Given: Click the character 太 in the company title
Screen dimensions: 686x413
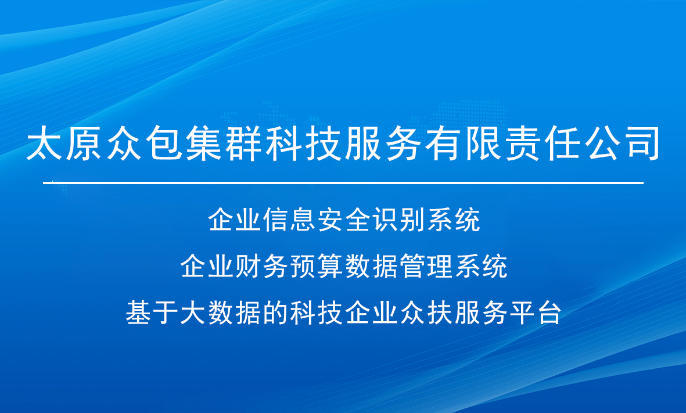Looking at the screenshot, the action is (x=44, y=143).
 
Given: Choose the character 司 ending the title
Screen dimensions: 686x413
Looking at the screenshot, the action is (x=642, y=143).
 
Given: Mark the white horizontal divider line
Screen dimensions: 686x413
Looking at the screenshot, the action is (x=343, y=182).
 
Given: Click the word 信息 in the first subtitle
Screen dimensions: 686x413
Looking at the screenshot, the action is (x=289, y=220).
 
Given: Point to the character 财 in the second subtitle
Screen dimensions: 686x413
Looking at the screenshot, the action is (x=248, y=266).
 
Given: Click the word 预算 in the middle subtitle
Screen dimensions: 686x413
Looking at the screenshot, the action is (x=317, y=266).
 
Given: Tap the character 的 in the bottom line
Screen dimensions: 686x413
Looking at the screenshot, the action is (x=276, y=313).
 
